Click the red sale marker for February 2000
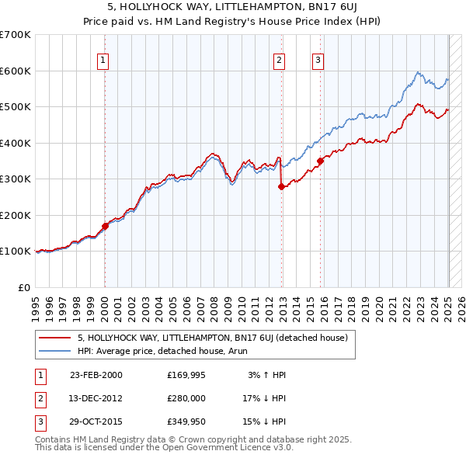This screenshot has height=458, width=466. click(x=106, y=226)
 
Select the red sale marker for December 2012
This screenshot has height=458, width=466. click(x=281, y=186)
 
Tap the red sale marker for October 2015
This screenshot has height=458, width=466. click(x=320, y=161)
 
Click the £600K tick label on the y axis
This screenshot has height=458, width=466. click(x=16, y=71)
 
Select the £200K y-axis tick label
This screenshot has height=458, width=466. click(x=16, y=215)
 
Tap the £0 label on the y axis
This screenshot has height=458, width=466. click(x=23, y=287)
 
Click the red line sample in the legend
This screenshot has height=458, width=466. click(x=54, y=338)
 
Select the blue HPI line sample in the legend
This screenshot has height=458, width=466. click(x=54, y=351)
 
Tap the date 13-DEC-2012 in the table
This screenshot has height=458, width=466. click(x=96, y=398)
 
